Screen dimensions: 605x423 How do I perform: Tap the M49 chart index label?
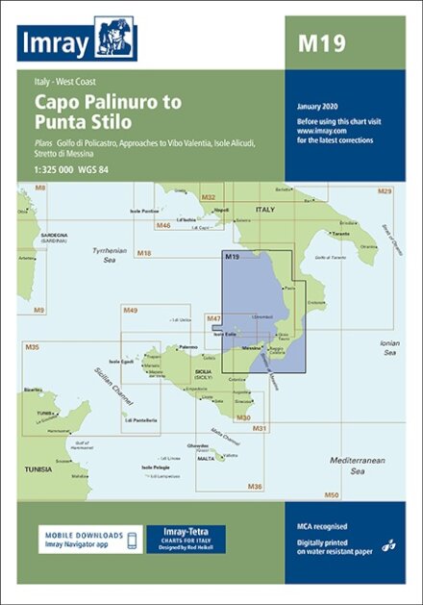[131, 310]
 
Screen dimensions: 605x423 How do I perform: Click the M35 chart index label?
[32, 346]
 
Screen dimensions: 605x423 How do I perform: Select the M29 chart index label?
[385, 191]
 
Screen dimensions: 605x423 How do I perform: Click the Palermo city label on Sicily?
[188, 345]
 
